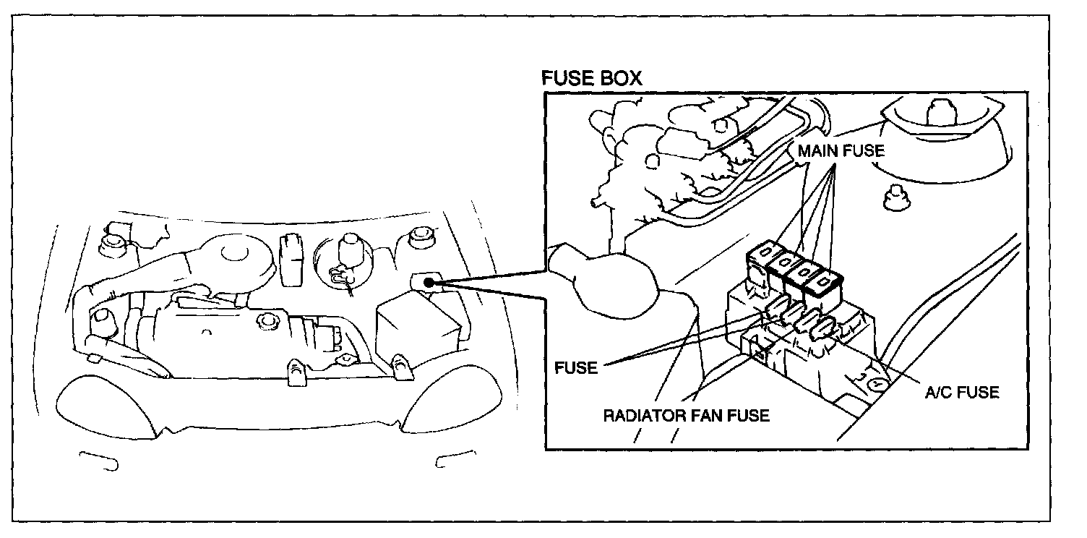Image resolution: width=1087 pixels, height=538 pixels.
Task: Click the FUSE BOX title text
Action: pos(592,79)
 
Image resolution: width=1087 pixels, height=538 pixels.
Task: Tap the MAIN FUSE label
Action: pos(841,153)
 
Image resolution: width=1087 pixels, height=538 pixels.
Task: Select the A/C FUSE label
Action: pos(962,393)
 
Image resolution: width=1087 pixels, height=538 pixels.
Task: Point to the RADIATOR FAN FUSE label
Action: pos(687,416)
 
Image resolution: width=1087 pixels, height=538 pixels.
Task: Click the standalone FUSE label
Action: pos(576,367)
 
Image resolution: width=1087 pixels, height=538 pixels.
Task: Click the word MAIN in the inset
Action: pos(817,153)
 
